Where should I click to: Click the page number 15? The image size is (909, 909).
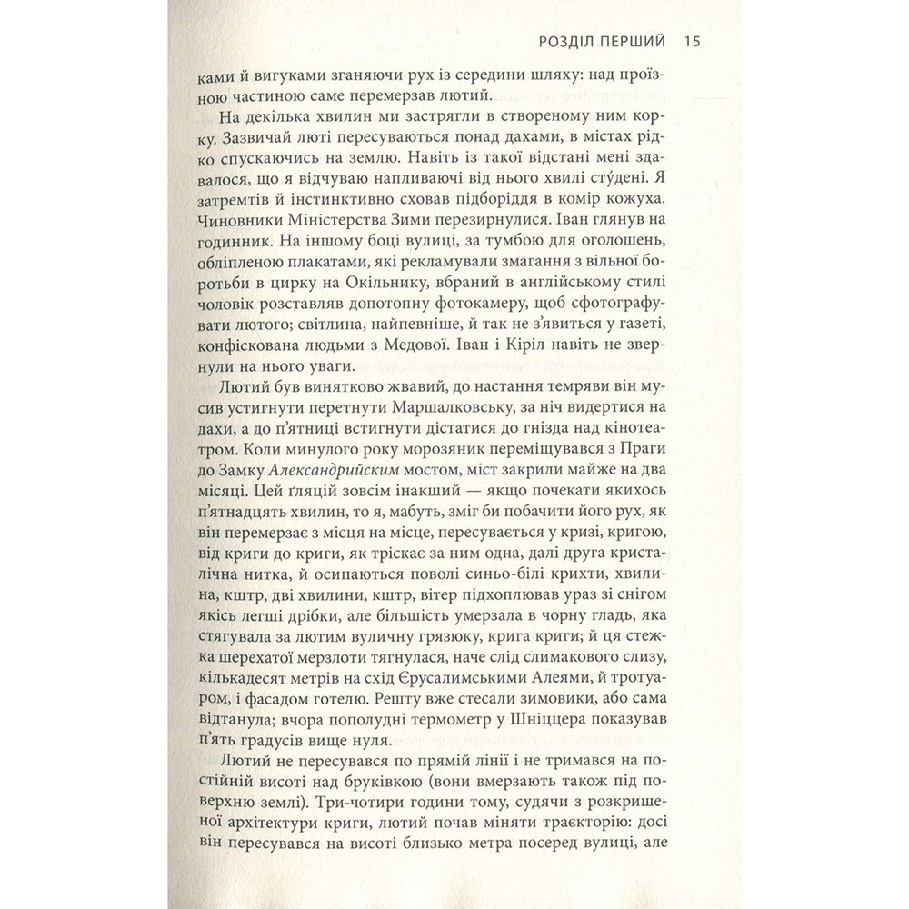(x=689, y=42)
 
